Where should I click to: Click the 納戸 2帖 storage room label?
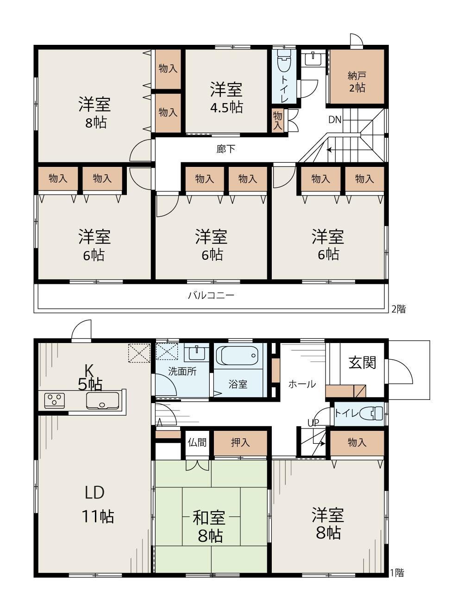coord(357,82)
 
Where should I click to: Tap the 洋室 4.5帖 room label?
coord(226,98)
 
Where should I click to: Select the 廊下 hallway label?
coord(225,149)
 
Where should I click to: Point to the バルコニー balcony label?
coord(211,295)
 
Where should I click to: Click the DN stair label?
coord(335,120)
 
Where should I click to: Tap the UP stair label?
coord(313,423)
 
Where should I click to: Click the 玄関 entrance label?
coord(362,363)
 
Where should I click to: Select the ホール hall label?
coord(302,384)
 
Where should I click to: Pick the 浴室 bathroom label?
coord(238,384)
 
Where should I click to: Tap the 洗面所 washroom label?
coord(182,371)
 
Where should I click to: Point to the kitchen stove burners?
coord(55,401)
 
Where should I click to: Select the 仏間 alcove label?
coord(197,442)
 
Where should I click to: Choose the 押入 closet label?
coord(240,442)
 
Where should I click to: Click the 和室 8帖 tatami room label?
coord(209,526)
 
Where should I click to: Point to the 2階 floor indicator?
coord(398,309)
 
